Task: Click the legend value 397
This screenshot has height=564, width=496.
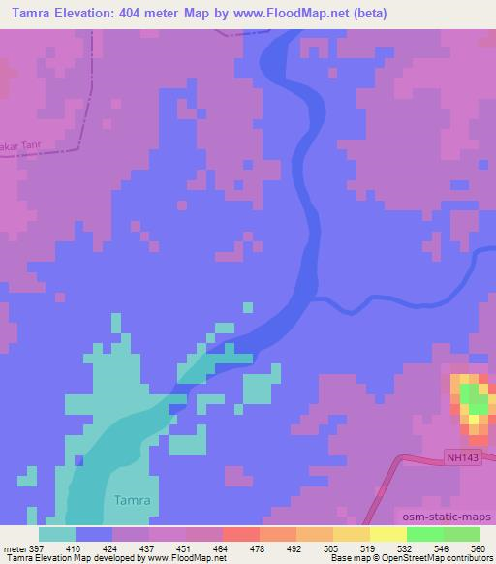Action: (36, 548)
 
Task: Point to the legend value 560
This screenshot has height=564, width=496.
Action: (478, 548)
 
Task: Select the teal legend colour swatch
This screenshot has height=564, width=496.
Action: (57, 534)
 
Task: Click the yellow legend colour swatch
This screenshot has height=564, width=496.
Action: (387, 534)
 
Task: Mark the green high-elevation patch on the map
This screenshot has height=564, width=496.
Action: (473, 397)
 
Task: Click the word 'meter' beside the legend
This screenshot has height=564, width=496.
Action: (13, 548)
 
